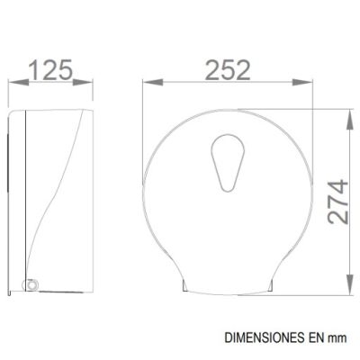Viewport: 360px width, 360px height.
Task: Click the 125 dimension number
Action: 51,70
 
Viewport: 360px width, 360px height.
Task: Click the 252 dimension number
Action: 228,70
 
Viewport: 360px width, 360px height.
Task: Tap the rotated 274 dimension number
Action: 338,202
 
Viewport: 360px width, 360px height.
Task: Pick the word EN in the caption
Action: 315,337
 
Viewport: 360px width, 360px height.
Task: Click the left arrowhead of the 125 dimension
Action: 19,82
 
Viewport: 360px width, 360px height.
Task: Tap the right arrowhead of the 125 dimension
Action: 83,82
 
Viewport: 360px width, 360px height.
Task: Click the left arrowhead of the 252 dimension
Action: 153,82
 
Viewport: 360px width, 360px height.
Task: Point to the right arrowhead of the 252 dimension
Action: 302,82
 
